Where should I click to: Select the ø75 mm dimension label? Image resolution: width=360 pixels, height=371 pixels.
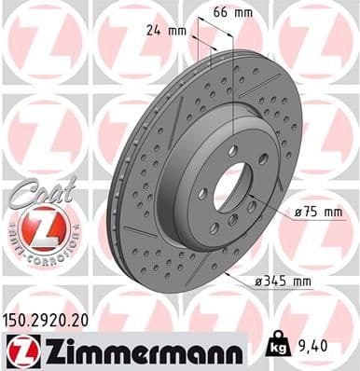[318, 213]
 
